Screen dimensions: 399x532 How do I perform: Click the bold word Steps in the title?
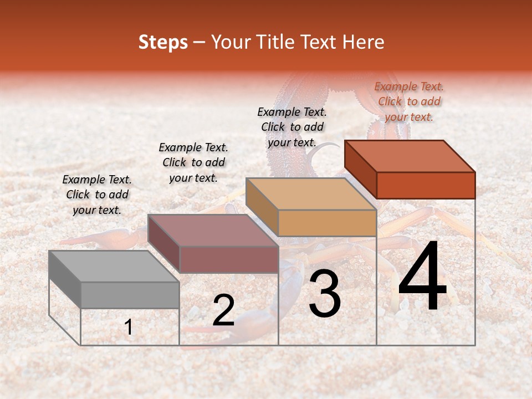coord(163,42)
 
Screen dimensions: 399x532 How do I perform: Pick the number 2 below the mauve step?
coord(223,311)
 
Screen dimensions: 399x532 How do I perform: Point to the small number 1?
coord(129,327)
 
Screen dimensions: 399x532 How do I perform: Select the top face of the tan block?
coord(311,194)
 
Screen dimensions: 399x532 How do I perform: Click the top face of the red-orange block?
coord(410,156)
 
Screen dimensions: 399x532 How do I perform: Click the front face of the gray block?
coord(130,295)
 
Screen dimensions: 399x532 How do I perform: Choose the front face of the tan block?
coord(327,223)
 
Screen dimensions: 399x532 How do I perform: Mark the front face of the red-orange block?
coord(426,185)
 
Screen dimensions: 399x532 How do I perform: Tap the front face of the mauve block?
coord(229,259)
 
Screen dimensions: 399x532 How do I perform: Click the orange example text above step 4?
coord(409,101)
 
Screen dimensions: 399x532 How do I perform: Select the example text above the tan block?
coord(292,127)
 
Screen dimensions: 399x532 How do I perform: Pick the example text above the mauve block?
coord(193,162)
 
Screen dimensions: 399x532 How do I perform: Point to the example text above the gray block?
coord(97,195)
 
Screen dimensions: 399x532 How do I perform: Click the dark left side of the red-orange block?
coord(360,169)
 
